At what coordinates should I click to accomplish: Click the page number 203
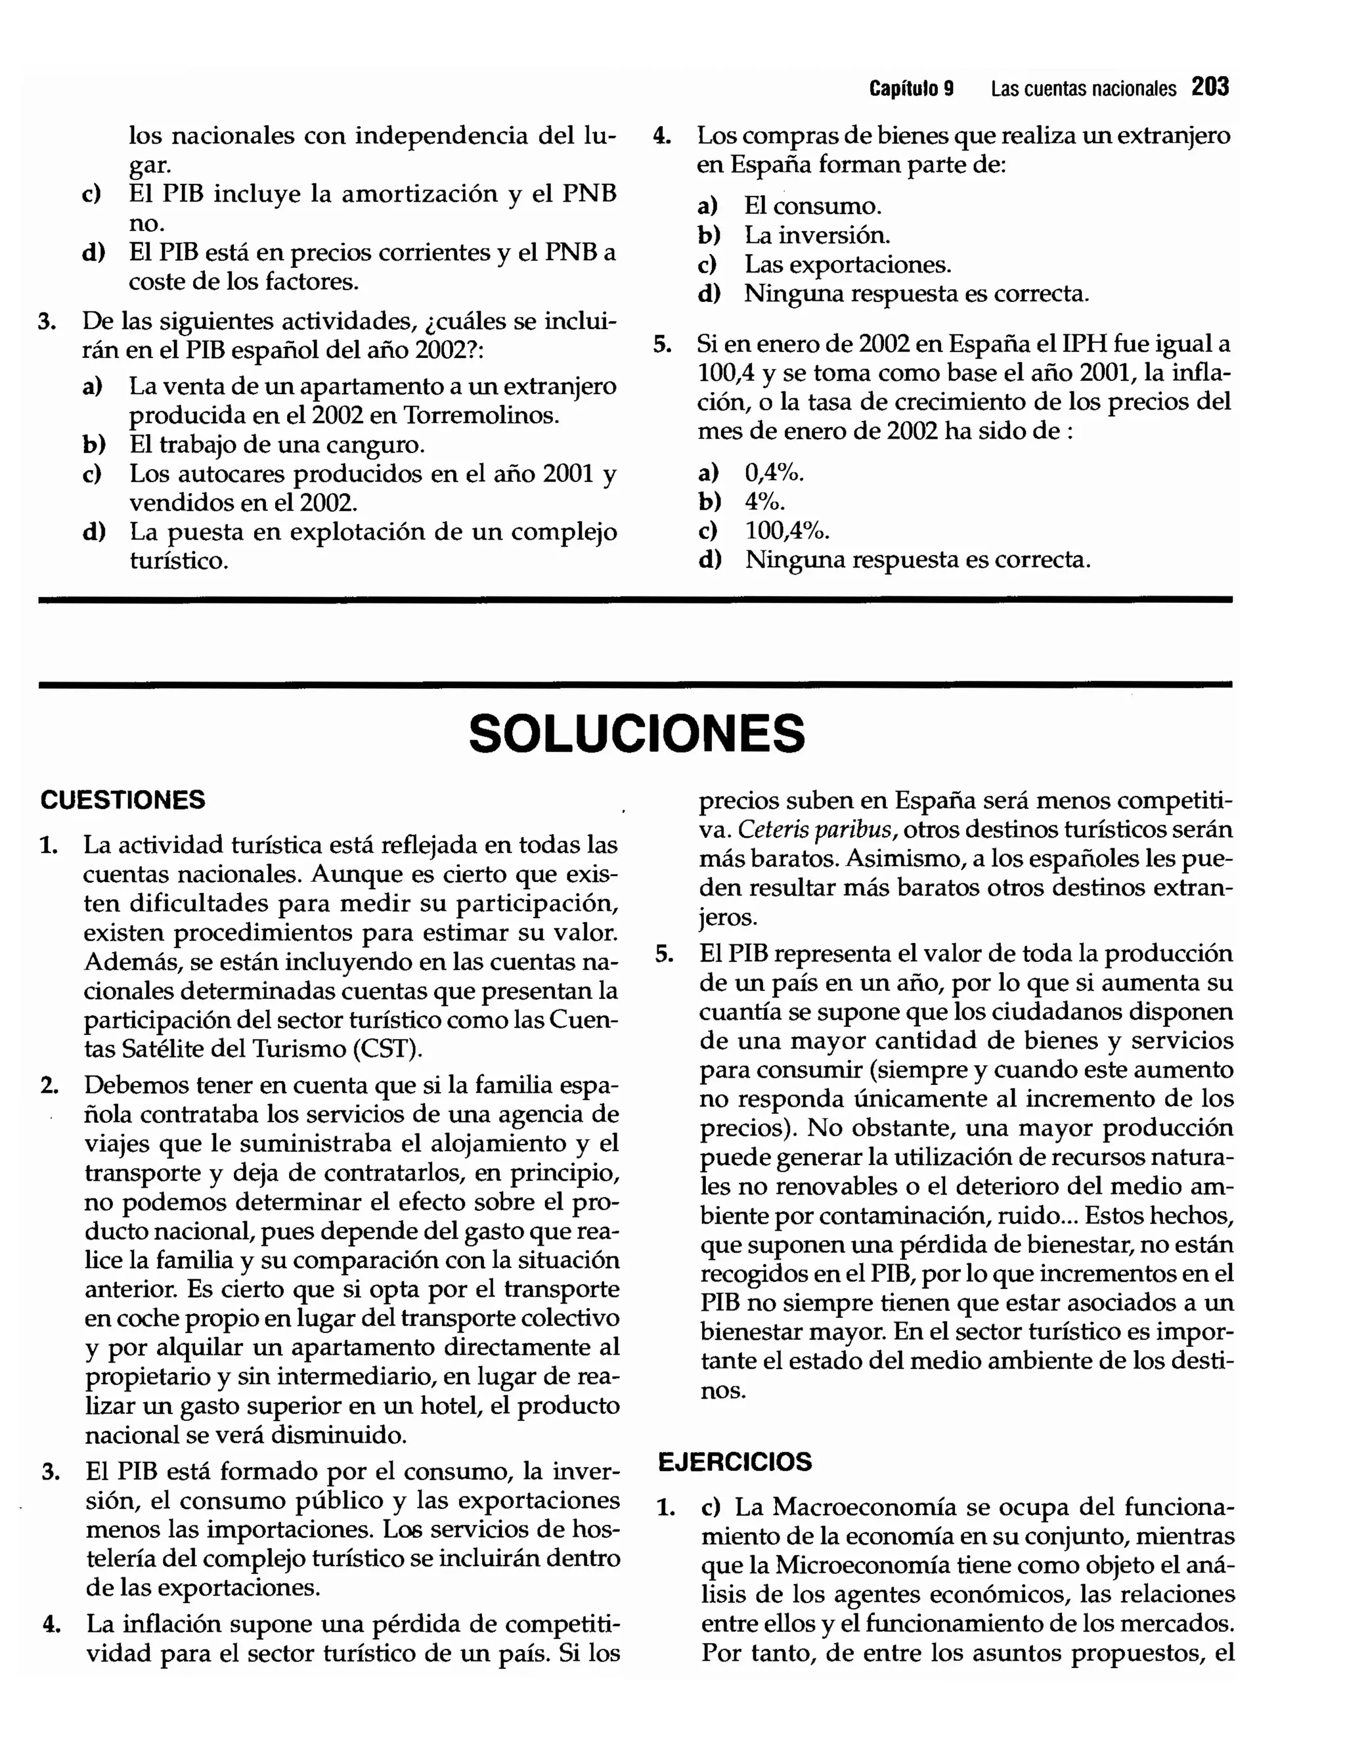click(1210, 87)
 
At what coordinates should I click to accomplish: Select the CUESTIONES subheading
click(123, 800)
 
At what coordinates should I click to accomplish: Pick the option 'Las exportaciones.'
click(847, 265)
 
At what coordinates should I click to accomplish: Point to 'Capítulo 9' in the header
click(911, 88)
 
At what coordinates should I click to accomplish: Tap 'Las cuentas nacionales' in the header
click(1083, 88)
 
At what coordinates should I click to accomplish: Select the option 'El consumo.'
click(812, 206)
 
